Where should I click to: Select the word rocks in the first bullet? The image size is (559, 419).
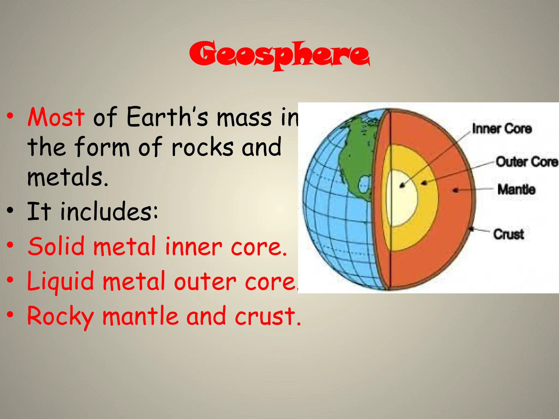click(202, 147)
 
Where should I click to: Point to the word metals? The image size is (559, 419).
click(68, 177)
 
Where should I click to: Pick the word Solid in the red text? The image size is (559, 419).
click(56, 246)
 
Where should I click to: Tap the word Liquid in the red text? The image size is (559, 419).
click(61, 281)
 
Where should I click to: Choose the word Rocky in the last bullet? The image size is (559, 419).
click(61, 316)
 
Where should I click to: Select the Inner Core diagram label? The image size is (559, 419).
click(502, 129)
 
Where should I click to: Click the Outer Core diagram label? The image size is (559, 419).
click(526, 162)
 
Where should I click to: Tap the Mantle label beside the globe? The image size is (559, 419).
click(516, 189)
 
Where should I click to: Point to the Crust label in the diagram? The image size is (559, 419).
click(509, 234)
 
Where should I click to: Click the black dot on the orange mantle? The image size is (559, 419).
click(455, 190)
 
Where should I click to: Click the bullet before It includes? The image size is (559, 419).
click(10, 210)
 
